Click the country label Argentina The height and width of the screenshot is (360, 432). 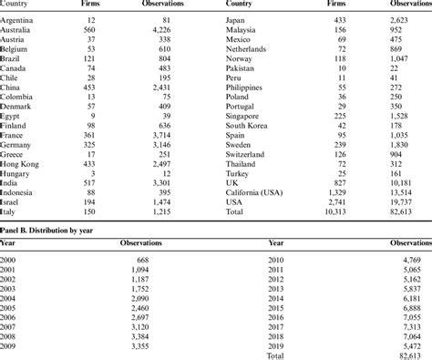[x=20, y=18]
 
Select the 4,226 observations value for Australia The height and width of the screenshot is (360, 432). [x=170, y=28]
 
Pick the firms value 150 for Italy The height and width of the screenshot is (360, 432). [x=88, y=211]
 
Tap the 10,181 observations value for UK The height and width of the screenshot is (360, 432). [x=415, y=180]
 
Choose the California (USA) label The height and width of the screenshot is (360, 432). [x=259, y=191]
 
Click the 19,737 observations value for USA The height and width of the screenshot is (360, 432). [x=415, y=201]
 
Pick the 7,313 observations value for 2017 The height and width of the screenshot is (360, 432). [x=412, y=327]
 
